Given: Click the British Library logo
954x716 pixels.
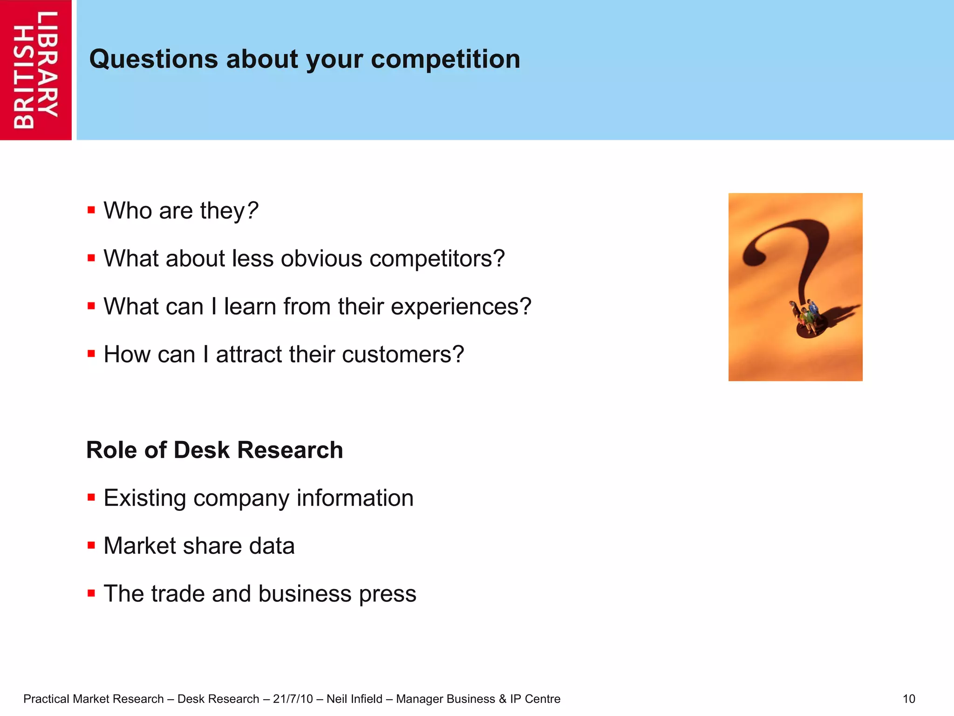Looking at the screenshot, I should pos(36,70).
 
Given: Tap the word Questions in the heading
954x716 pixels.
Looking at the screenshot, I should pos(154,60).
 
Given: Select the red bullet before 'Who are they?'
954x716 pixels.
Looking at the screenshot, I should pos(91,210).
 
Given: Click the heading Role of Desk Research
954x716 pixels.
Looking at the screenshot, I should pos(214,450).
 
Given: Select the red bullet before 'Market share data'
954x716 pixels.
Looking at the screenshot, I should pos(91,545).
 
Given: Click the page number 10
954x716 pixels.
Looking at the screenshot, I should pos(908,699).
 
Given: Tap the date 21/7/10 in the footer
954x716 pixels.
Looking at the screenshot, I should pos(293,699).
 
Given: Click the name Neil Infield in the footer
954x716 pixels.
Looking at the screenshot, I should pos(354,699).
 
